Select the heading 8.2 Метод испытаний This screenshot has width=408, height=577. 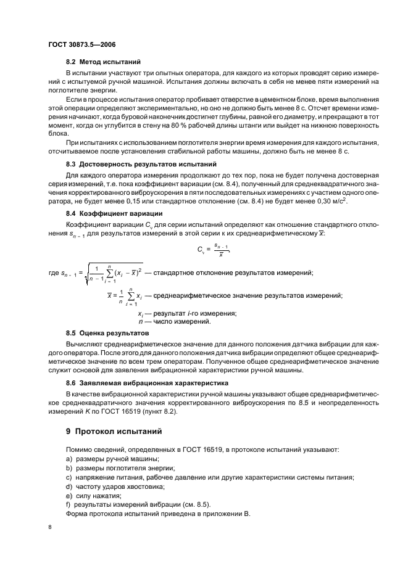tap(103, 62)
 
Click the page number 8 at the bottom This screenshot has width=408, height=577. tap(51, 527)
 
